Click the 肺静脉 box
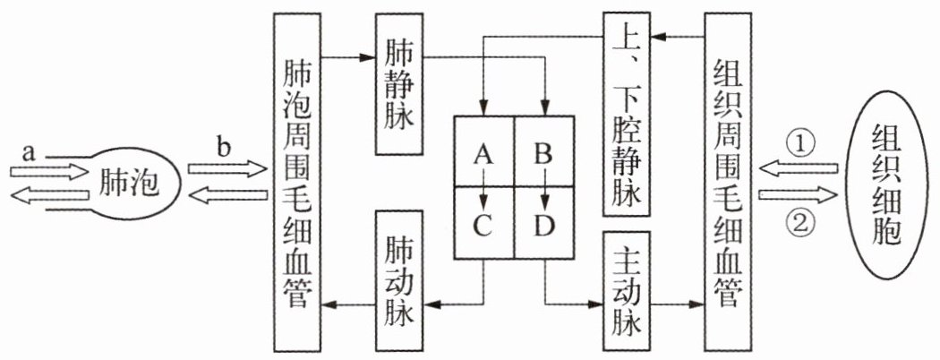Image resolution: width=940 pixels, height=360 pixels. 399,83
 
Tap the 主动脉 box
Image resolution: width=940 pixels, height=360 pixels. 627,291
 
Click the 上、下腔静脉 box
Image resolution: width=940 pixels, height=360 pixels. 627,114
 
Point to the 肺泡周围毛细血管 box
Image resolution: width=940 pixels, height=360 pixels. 297,181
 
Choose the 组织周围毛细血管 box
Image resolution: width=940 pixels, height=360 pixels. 728,181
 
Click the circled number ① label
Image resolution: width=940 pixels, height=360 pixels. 799,143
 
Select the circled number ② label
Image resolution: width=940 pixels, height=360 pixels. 799,223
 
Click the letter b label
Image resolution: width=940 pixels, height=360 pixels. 224,148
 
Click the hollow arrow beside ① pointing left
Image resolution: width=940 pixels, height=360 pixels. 798,169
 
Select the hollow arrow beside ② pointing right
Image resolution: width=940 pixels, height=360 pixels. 798,195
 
